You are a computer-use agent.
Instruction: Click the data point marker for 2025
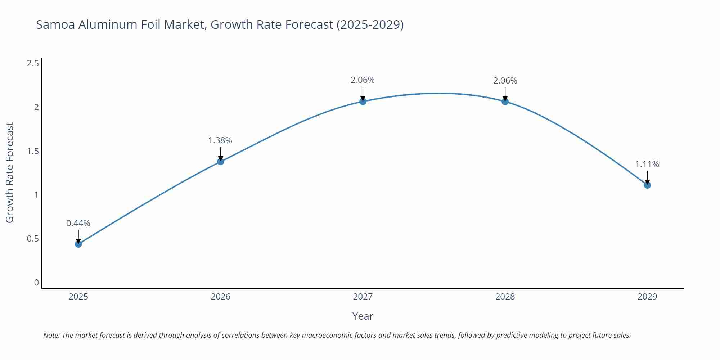pos(78,244)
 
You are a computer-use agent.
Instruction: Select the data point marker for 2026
pos(220,162)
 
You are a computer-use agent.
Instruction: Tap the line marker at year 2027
pos(363,102)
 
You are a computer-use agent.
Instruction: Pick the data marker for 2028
pos(505,102)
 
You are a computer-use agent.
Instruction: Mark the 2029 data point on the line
pos(647,185)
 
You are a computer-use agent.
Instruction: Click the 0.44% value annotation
pos(78,223)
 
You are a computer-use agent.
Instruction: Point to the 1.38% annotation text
pos(220,140)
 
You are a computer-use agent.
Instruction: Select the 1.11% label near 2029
pos(647,164)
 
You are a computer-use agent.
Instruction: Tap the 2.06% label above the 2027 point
pos(363,80)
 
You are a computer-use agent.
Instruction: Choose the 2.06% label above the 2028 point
pos(505,81)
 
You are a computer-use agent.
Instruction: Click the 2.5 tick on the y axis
pos(33,64)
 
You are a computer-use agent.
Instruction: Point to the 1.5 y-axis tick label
pos(33,151)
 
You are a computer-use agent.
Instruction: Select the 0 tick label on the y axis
pos(36,283)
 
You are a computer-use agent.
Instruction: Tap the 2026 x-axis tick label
pos(220,297)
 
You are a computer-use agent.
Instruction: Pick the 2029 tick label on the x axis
pos(647,297)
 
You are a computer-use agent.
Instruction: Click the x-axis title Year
pos(363,316)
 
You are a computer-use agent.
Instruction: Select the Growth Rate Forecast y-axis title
pos(10,172)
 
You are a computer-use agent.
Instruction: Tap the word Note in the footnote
pos(51,335)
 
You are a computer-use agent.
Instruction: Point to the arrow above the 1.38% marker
pos(220,154)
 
